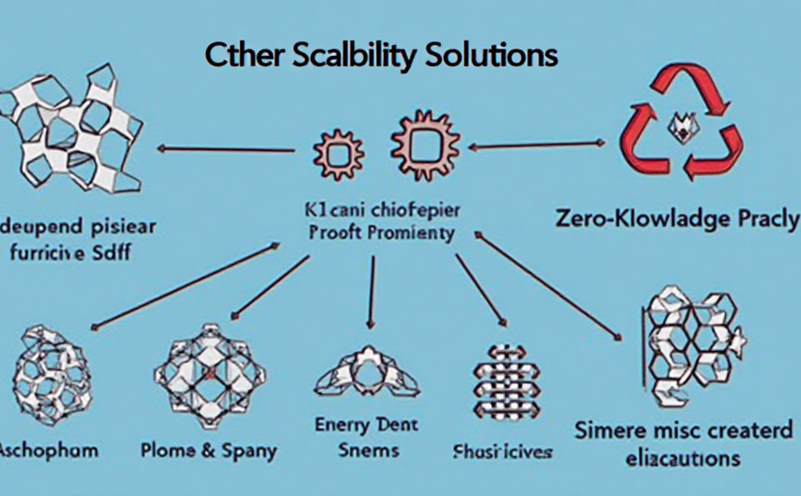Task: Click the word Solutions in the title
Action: point(489,55)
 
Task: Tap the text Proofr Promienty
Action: point(380,232)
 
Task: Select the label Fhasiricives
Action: point(502,452)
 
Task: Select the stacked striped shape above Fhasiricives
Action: point(505,379)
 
